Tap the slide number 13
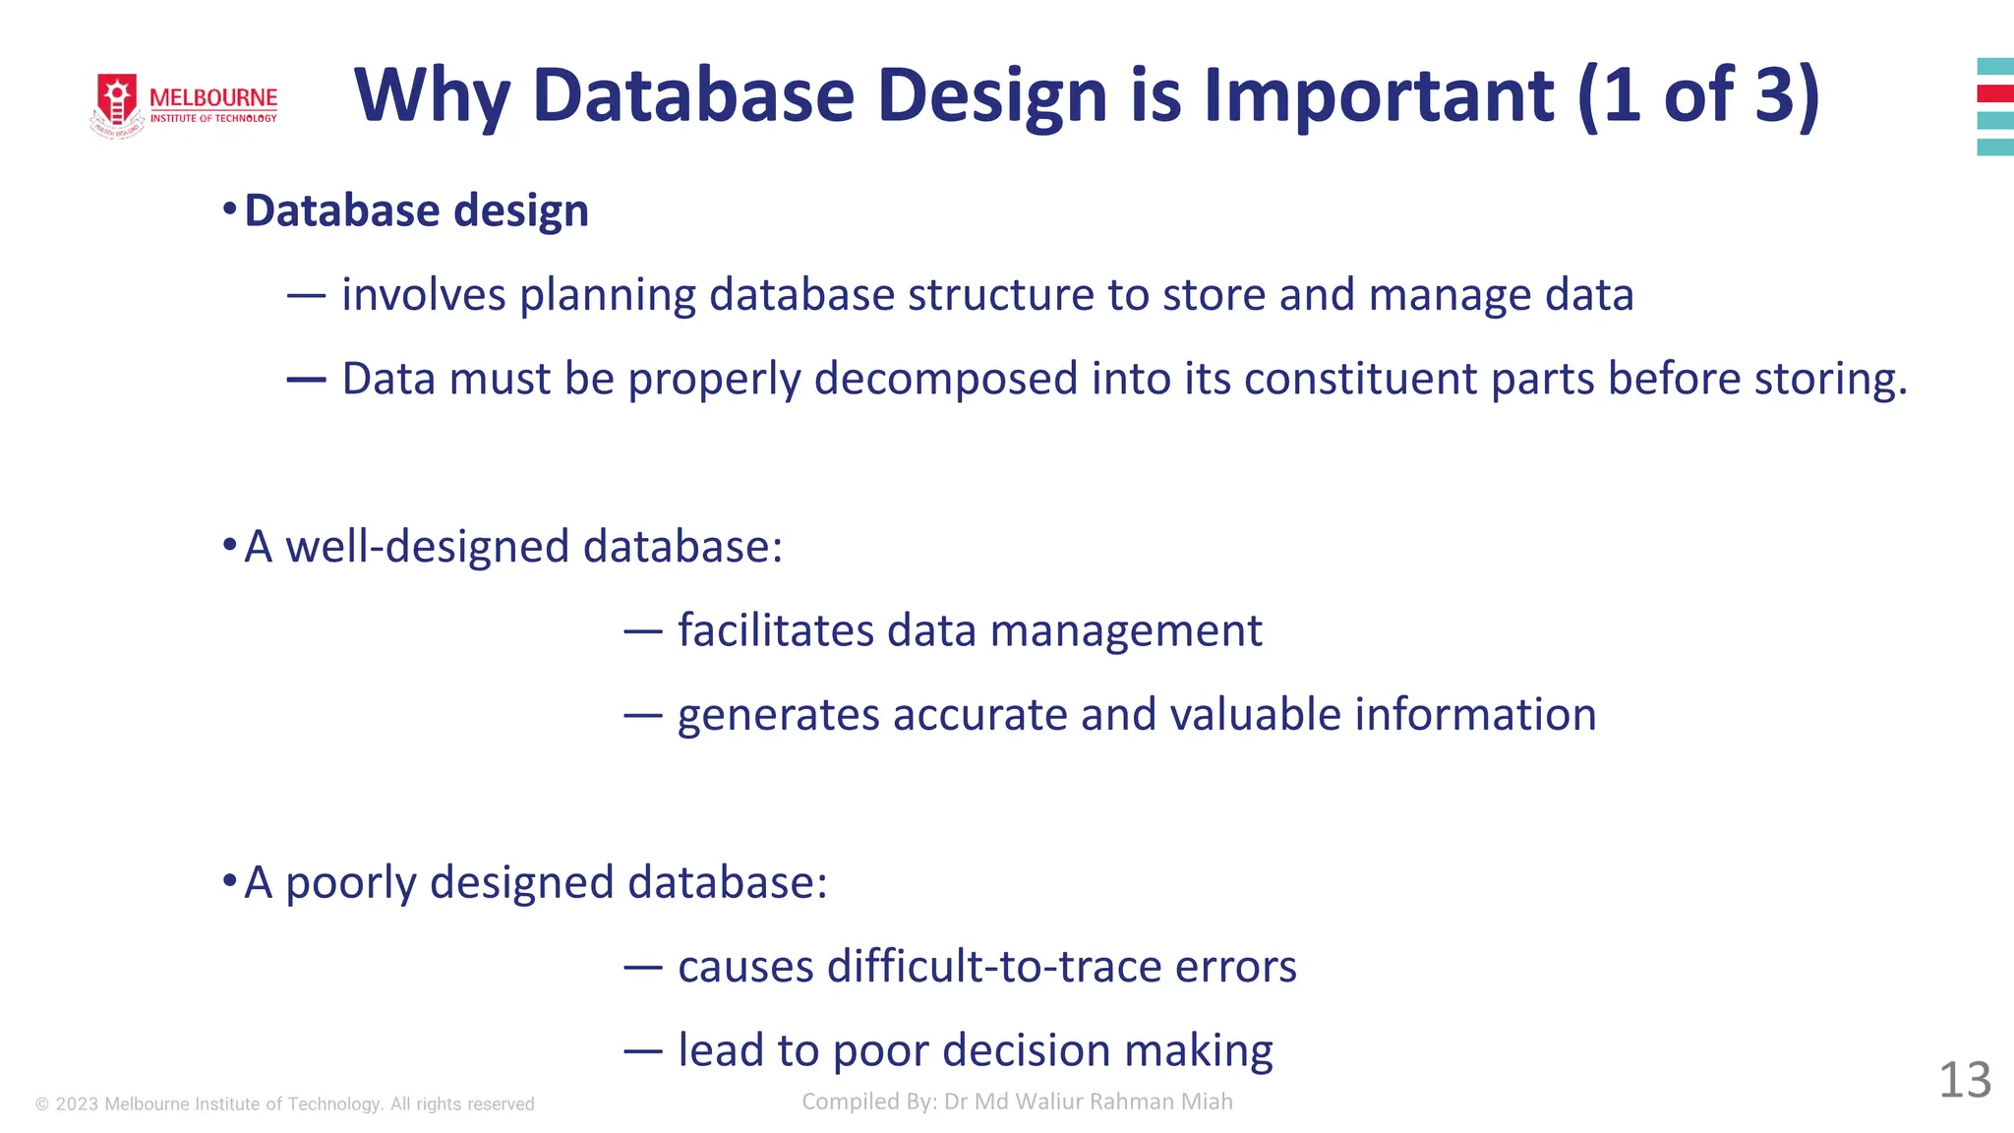[1964, 1080]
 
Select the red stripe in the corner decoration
[1995, 93]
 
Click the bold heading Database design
[416, 210]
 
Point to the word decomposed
[946, 379]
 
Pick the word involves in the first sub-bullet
[423, 295]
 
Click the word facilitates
[775, 630]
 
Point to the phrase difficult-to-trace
[994, 966]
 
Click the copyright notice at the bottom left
[285, 1103]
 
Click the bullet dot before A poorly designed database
[229, 879]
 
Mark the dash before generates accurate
[642, 715]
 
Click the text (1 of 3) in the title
[1698, 95]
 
